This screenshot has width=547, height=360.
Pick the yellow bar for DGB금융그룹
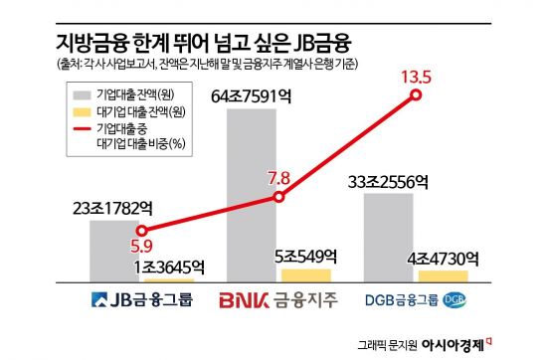pyautogui.click(x=443, y=276)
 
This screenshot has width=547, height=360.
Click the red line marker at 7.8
pyautogui.click(x=279, y=197)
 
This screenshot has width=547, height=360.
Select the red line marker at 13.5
pyautogui.click(x=415, y=95)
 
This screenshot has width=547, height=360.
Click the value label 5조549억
pyautogui.click(x=305, y=256)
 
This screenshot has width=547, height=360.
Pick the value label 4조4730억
pyautogui.click(x=442, y=258)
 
